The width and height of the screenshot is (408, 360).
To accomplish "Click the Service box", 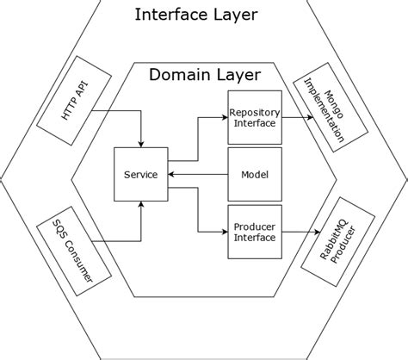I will click(x=141, y=175).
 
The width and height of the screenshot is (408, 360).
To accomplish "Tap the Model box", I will click(x=255, y=175).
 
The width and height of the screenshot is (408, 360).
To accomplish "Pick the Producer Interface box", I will click(x=255, y=233).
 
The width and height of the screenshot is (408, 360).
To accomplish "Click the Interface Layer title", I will click(x=197, y=16).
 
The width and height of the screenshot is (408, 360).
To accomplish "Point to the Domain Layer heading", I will click(x=204, y=75).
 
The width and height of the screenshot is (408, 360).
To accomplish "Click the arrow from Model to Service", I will click(x=198, y=175).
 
